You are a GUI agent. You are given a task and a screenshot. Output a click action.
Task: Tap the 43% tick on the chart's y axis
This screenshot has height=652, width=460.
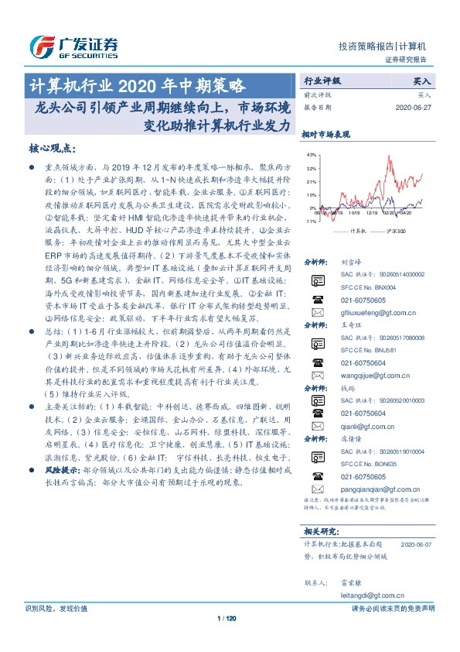coord(311,156)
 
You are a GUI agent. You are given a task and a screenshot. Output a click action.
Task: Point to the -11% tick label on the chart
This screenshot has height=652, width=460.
coord(310,221)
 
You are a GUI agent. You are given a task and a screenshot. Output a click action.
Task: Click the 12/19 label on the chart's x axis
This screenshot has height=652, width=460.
coord(373,213)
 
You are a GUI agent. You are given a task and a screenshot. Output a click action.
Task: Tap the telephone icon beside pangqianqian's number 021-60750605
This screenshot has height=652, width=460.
coord(315,477)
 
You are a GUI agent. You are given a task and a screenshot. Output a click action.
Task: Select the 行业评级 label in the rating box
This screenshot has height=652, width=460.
coord(322,80)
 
